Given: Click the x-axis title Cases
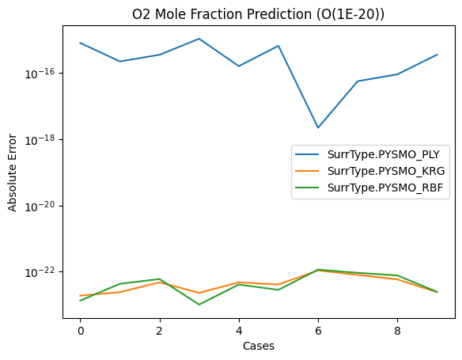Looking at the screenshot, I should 258,346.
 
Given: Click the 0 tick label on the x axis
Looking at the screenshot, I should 80,329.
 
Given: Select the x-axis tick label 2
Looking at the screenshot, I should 159,329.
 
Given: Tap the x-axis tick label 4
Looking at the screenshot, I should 238,329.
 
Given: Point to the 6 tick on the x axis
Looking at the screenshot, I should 318,329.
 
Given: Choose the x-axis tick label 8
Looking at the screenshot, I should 397,329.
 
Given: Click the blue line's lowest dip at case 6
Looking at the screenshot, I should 318,127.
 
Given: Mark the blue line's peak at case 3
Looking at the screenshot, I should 199,39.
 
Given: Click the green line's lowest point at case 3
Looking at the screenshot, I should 199,305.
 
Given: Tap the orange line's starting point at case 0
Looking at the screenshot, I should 80,296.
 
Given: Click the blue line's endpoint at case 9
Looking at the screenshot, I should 437,55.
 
